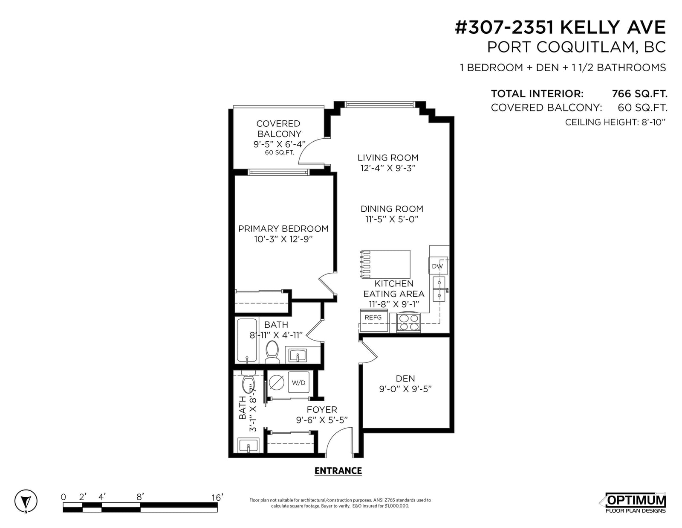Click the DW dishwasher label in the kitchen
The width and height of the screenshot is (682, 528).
437,266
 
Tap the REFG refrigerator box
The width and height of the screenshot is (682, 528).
373,321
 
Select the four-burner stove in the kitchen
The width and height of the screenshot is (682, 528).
409,322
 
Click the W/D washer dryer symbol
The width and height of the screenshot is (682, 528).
298,382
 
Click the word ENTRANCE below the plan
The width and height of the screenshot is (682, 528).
338,470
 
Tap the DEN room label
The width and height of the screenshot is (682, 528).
405,379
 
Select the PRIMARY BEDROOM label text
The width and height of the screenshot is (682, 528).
283,228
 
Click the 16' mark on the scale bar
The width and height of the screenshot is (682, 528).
217,497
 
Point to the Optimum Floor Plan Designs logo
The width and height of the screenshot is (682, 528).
635,503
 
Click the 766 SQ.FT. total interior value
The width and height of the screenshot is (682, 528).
639,93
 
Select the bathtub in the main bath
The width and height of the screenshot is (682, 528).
247,340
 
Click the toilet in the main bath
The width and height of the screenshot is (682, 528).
272,351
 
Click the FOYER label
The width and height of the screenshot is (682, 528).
322,409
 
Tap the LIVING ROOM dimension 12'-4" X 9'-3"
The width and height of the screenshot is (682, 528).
388,168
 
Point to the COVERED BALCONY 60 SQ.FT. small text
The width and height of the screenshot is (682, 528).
279,152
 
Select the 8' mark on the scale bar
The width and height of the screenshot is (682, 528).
140,496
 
